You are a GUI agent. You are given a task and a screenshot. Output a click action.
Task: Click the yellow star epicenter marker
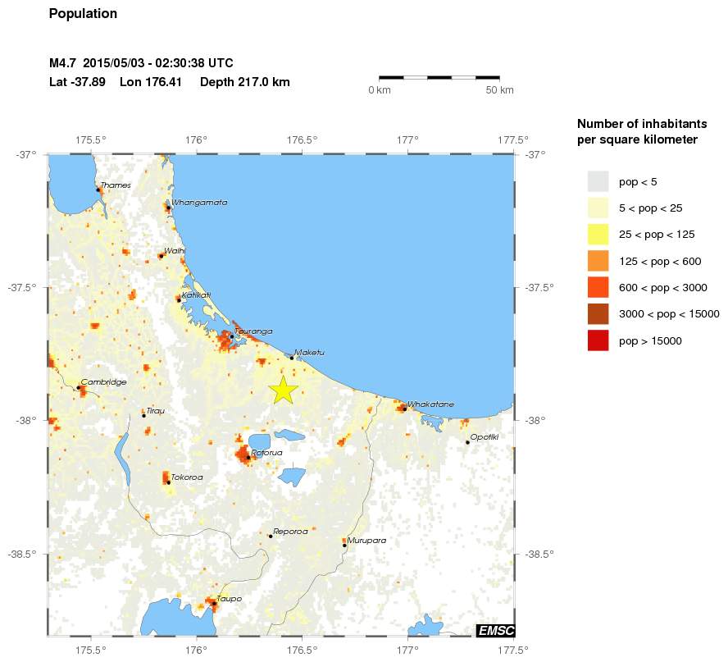point(282,390)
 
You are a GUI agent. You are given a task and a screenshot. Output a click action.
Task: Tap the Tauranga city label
point(253,331)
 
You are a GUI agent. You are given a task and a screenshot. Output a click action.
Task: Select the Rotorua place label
point(266,453)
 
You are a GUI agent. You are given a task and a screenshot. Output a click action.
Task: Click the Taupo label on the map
point(229,599)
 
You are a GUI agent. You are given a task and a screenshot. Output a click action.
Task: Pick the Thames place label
point(116,185)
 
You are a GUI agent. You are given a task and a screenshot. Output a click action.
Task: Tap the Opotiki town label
point(485,436)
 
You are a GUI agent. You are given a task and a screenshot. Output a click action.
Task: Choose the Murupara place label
point(366,541)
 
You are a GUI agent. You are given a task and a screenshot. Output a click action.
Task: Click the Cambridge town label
point(103,382)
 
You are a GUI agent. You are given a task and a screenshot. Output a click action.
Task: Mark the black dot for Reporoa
point(271,536)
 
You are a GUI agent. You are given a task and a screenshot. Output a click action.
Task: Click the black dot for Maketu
point(292,358)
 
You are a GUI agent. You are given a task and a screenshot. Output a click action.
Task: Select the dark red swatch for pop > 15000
point(598,340)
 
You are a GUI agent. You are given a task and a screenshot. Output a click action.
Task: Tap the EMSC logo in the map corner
point(496,630)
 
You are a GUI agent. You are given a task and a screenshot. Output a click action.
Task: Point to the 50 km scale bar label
point(500,90)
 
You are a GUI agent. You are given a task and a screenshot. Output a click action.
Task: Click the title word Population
point(83,14)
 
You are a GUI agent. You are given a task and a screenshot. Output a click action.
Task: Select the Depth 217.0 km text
point(244,82)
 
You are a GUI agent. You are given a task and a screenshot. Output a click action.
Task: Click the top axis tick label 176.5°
point(303,140)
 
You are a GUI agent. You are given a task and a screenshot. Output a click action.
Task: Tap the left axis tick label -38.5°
point(24,555)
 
